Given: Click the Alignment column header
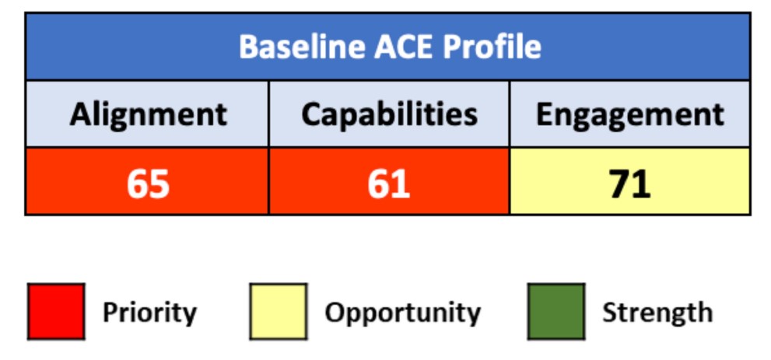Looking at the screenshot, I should [148, 115].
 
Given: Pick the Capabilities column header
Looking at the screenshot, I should [389, 115].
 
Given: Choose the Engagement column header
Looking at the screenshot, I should [629, 115].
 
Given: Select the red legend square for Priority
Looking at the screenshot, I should [56, 312].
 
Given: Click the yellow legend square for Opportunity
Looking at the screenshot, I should [279, 312].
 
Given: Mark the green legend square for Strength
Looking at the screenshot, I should [555, 312].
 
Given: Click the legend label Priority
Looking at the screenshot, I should [149, 313].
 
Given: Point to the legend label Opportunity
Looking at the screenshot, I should [402, 313].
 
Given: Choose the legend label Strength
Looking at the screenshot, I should [657, 313].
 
